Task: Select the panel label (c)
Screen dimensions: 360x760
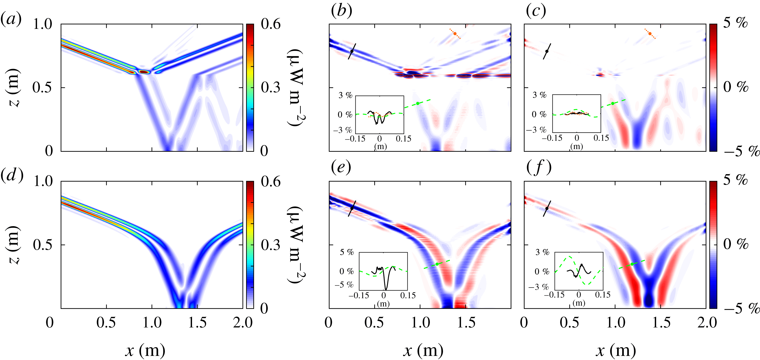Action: (536, 11)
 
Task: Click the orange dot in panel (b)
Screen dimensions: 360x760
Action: (455, 34)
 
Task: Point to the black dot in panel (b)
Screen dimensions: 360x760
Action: (352, 51)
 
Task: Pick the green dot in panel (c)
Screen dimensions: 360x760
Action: (613, 103)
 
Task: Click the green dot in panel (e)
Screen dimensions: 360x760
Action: (437, 264)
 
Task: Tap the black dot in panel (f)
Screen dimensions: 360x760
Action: (547, 208)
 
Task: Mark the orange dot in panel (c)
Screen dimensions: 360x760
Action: (650, 34)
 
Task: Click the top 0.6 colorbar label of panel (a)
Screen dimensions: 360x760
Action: (271, 24)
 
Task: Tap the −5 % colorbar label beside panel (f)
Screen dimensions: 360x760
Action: (741, 309)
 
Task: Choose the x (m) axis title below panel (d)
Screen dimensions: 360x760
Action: (145, 350)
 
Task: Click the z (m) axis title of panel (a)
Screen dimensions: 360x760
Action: (14, 88)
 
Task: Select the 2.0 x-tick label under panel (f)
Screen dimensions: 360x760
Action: (707, 323)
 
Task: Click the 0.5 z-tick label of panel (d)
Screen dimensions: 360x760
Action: (42, 245)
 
